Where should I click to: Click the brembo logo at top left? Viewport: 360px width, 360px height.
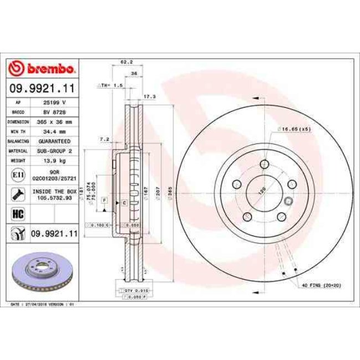pyautogui.click(x=42, y=69)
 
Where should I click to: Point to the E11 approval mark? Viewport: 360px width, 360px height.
pyautogui.click(x=17, y=174)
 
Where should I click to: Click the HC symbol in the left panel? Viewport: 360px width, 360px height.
pyautogui.click(x=17, y=212)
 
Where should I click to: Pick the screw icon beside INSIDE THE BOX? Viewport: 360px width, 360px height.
pyautogui.click(x=17, y=194)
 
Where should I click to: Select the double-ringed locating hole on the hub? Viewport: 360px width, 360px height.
pyautogui.click(x=288, y=202)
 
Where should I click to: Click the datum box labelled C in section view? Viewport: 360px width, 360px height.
pyautogui.click(x=125, y=203)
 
